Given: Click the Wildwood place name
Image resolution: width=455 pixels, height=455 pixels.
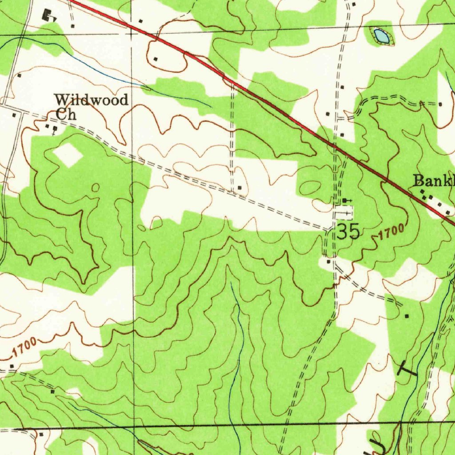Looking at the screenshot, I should (91, 100).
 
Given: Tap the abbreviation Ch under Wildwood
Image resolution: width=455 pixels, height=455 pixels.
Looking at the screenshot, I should (66, 114).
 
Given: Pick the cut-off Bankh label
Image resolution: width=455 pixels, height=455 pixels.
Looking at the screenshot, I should (434, 181).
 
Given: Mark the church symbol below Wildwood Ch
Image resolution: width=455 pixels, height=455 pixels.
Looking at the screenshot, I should (55, 129).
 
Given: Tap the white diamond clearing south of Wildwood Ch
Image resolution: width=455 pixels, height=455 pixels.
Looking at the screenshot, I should (68, 155).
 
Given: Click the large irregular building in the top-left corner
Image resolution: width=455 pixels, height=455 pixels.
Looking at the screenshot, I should (47, 16).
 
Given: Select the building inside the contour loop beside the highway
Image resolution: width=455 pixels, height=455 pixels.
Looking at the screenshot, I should (156, 58).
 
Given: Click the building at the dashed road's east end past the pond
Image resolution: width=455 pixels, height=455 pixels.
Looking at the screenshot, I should (440, 104).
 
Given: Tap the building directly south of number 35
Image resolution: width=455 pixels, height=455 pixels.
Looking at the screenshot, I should (329, 262).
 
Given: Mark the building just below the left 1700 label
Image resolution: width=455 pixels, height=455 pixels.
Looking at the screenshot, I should (12, 366).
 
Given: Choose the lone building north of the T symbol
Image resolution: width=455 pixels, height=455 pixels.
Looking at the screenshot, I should (407, 316).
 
